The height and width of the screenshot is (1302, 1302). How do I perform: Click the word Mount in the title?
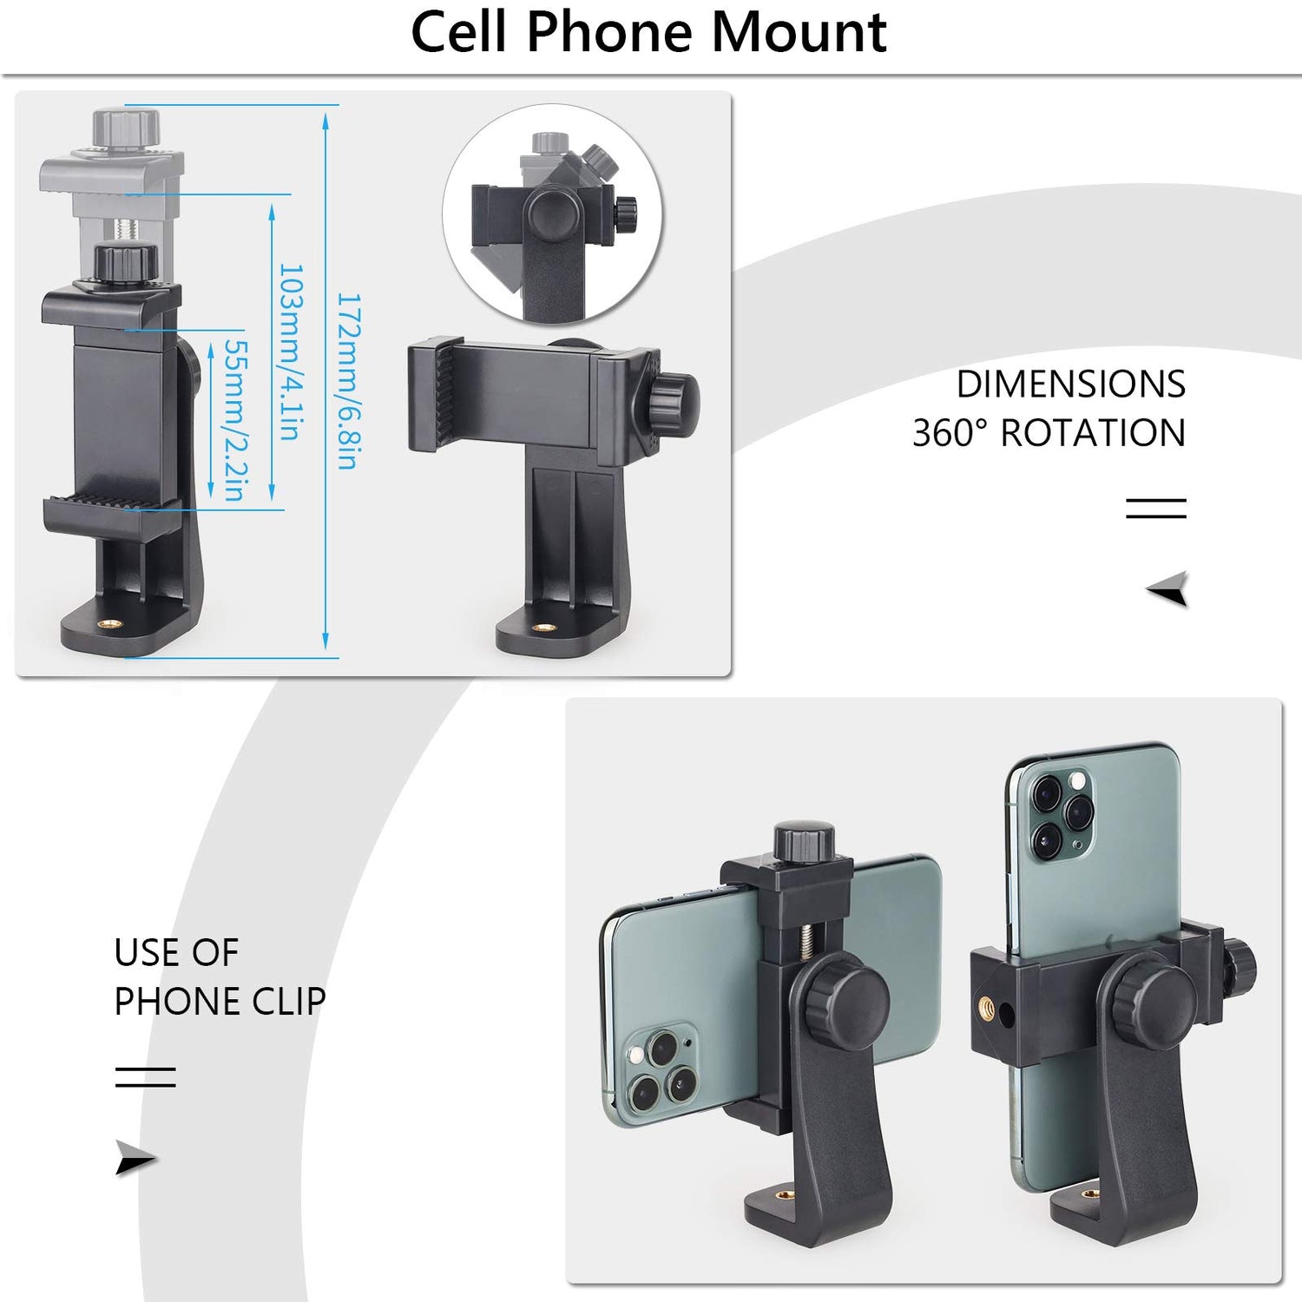pos(799,33)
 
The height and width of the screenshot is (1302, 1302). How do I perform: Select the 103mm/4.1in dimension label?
pos(290,352)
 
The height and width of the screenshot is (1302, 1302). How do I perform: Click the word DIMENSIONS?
pos(1070,385)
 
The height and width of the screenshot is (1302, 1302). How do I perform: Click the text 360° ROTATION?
pos(1049,433)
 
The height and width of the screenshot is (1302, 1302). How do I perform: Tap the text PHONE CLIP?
pos(220,1002)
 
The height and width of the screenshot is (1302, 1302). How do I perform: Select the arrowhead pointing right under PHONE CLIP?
pos(135,1159)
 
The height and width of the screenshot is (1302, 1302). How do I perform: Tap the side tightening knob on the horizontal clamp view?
pos(674,406)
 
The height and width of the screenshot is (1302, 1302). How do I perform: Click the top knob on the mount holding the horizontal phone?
pos(804,840)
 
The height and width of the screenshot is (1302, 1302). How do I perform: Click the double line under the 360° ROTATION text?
pos(1155,508)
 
